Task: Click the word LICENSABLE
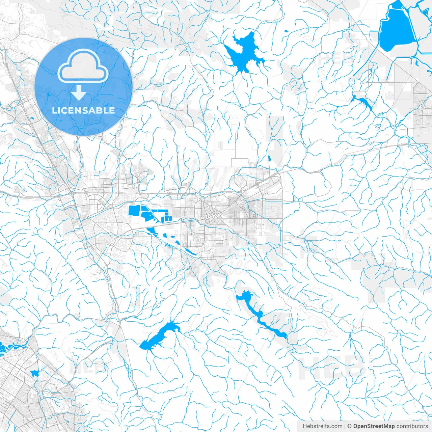(x=83, y=110)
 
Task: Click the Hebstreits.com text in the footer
(x=322, y=426)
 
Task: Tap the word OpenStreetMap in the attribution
(x=374, y=426)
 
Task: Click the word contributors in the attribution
(x=412, y=426)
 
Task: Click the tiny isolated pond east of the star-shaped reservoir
(x=287, y=32)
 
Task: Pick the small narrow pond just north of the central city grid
(x=269, y=158)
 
